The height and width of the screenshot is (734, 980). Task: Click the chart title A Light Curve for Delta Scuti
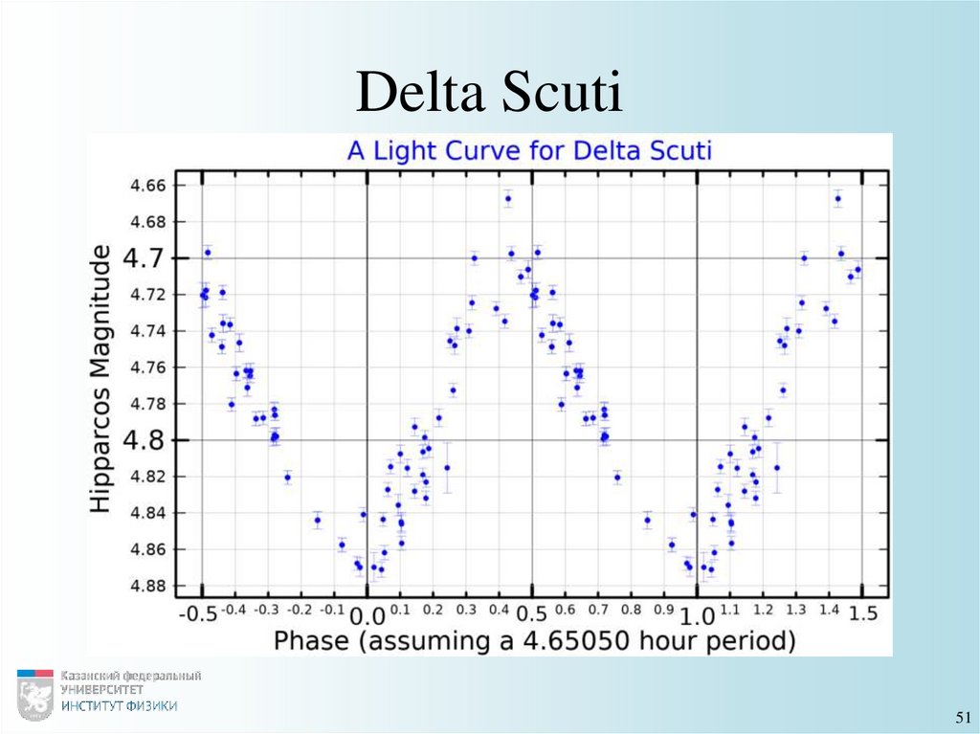tap(529, 150)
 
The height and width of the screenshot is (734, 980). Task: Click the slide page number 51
tap(962, 718)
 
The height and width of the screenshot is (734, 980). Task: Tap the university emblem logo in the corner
tap(35, 694)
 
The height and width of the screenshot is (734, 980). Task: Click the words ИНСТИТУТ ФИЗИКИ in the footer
tap(119, 706)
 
